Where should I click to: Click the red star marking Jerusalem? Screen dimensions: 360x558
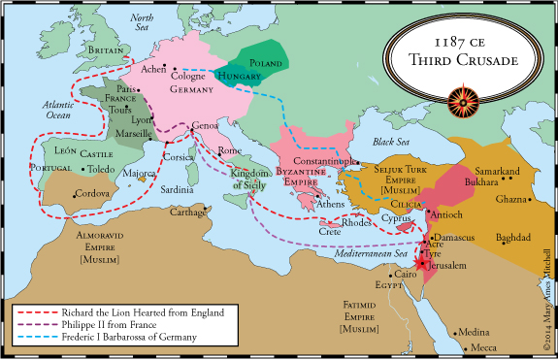(419, 262)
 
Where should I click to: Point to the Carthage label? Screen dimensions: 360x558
(186, 212)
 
